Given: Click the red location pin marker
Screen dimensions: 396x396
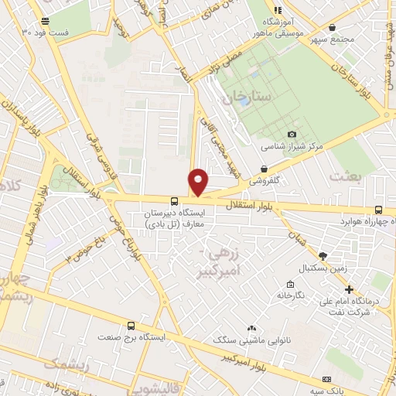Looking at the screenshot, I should click(198, 182).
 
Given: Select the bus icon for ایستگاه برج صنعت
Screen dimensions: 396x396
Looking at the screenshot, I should click(131, 326).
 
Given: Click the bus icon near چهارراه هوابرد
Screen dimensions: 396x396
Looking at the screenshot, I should click(378, 210).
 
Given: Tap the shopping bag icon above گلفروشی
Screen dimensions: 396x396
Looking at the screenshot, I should click(265, 169).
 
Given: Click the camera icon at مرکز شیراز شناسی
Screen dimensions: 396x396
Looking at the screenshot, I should click(292, 134).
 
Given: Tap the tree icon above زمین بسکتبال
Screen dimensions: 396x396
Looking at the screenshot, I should click(323, 256).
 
